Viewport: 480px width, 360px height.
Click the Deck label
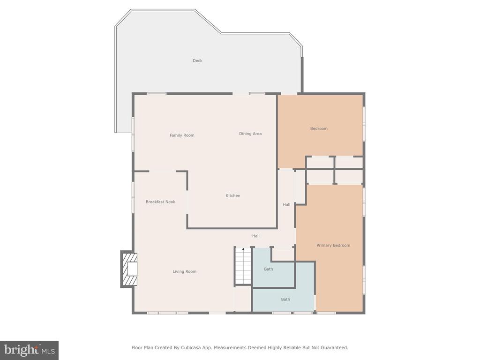(x=197, y=60)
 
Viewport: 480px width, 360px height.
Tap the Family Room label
(x=182, y=135)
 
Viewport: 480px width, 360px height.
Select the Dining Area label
(x=250, y=134)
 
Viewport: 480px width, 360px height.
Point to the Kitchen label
(x=233, y=195)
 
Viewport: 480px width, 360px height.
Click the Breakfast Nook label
(x=160, y=202)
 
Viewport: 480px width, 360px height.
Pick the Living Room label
(x=184, y=271)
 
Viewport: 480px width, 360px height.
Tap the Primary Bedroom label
(x=333, y=245)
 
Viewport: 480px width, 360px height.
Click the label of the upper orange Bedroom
(x=319, y=128)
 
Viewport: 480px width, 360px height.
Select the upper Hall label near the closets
(x=286, y=204)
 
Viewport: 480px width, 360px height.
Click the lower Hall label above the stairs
(x=256, y=236)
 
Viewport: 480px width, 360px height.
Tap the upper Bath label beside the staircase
(x=269, y=269)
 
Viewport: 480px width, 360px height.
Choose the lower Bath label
(x=285, y=300)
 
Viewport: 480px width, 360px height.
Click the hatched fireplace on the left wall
(x=129, y=269)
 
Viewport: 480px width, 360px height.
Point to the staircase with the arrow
(x=243, y=266)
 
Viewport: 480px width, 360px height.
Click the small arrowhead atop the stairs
(x=243, y=249)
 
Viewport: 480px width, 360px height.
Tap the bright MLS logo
(x=30, y=350)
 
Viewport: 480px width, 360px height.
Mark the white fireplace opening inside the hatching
(x=133, y=269)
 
